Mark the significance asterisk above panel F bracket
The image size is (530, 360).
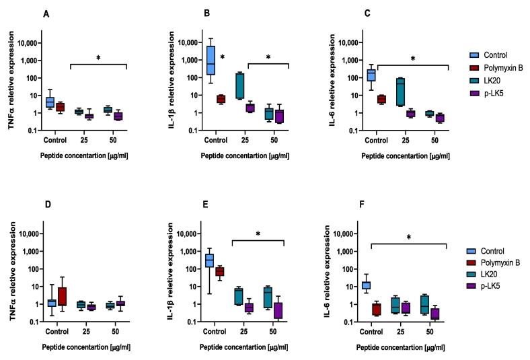(410, 237)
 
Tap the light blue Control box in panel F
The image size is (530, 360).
(367, 285)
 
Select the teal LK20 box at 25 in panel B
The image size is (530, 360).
(239, 85)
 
